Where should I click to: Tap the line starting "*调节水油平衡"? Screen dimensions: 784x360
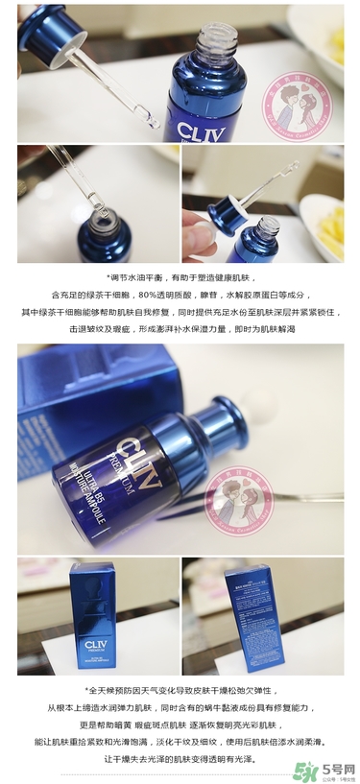(180, 279)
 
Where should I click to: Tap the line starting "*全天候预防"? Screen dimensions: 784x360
(180, 689)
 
